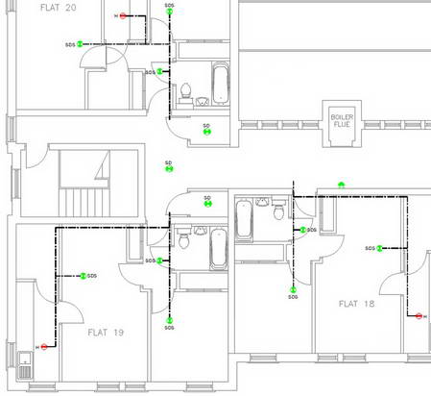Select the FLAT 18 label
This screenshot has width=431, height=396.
(358, 303)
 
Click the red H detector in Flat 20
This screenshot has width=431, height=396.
(123, 16)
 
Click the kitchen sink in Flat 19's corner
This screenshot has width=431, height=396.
(25, 366)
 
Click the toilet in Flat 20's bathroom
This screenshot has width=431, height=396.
(185, 91)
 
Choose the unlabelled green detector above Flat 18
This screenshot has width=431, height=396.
(341, 184)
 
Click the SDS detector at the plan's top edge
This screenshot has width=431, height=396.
(170, 14)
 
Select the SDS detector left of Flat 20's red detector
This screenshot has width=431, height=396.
(82, 43)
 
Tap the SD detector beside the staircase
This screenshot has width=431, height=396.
(169, 169)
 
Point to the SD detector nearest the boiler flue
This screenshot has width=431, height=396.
(207, 132)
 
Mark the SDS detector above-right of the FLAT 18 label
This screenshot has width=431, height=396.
(380, 248)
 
